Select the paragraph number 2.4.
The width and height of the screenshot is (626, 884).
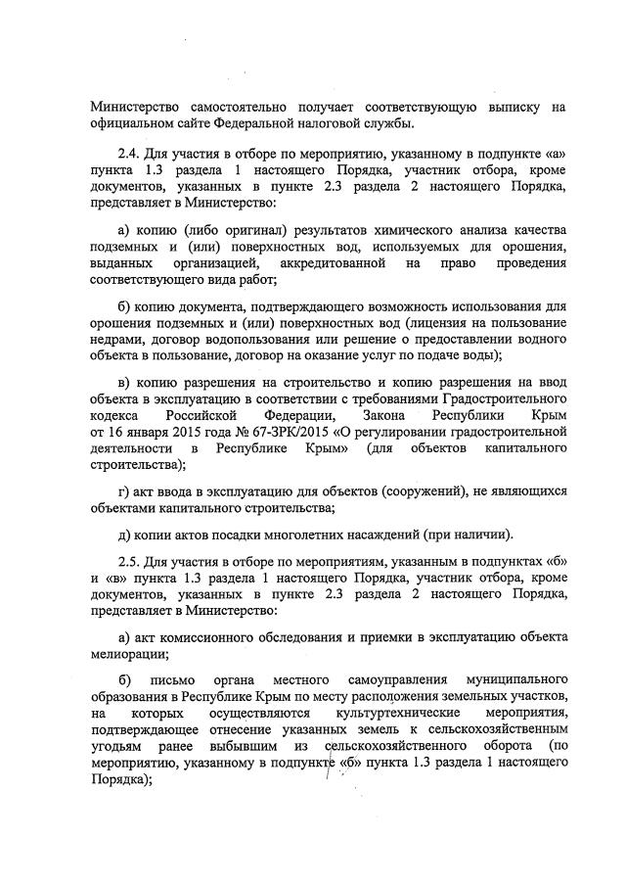click(129, 154)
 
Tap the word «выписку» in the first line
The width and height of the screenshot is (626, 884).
click(508, 107)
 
